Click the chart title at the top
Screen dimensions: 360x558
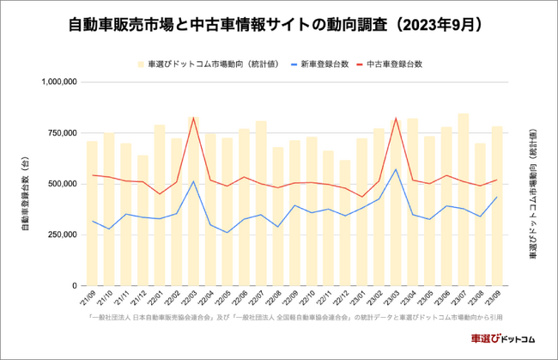279,25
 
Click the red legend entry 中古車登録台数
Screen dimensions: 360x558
394,64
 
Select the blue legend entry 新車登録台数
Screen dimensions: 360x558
322,64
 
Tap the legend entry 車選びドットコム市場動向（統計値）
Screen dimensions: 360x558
210,64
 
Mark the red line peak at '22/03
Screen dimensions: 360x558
193,118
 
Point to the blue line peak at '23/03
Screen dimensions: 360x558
396,168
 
